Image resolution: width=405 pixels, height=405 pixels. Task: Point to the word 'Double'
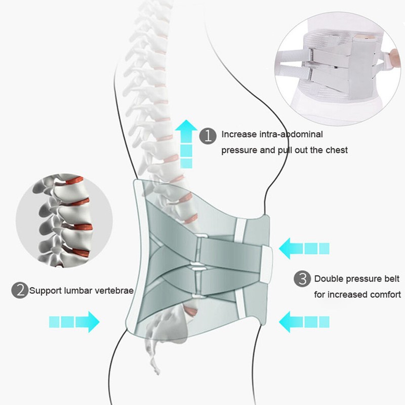329,278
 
